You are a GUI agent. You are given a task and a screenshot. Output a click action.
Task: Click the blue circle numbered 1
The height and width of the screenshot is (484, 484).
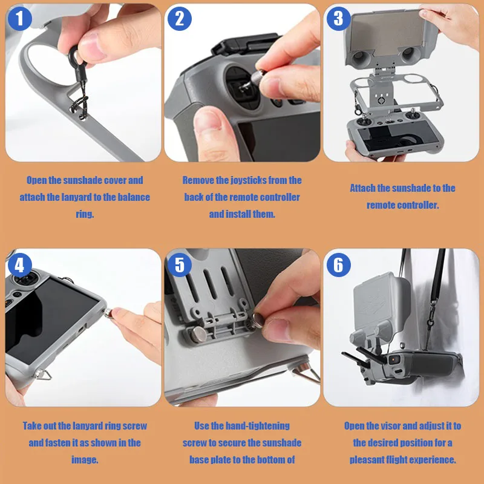[x=20, y=19]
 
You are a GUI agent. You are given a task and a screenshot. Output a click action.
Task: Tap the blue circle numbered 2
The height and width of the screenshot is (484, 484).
[x=179, y=19]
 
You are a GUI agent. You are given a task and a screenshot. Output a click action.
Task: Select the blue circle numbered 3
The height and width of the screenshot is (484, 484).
[x=339, y=19]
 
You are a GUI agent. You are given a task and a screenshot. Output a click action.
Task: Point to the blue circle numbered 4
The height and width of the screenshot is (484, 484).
[x=20, y=265]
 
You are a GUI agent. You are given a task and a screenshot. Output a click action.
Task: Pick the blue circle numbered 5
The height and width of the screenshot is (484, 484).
[x=179, y=265]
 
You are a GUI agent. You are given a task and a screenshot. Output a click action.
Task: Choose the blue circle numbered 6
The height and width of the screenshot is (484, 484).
[x=339, y=265]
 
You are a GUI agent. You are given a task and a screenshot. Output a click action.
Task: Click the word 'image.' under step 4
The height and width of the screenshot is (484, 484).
[x=85, y=460]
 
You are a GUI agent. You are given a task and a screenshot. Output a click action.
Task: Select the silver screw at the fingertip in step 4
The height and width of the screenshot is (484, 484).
[x=109, y=312]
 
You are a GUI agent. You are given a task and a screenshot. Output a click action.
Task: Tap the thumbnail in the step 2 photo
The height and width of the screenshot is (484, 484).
[x=207, y=119]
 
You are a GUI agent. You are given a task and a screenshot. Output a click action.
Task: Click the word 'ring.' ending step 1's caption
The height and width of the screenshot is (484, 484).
[x=85, y=214]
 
